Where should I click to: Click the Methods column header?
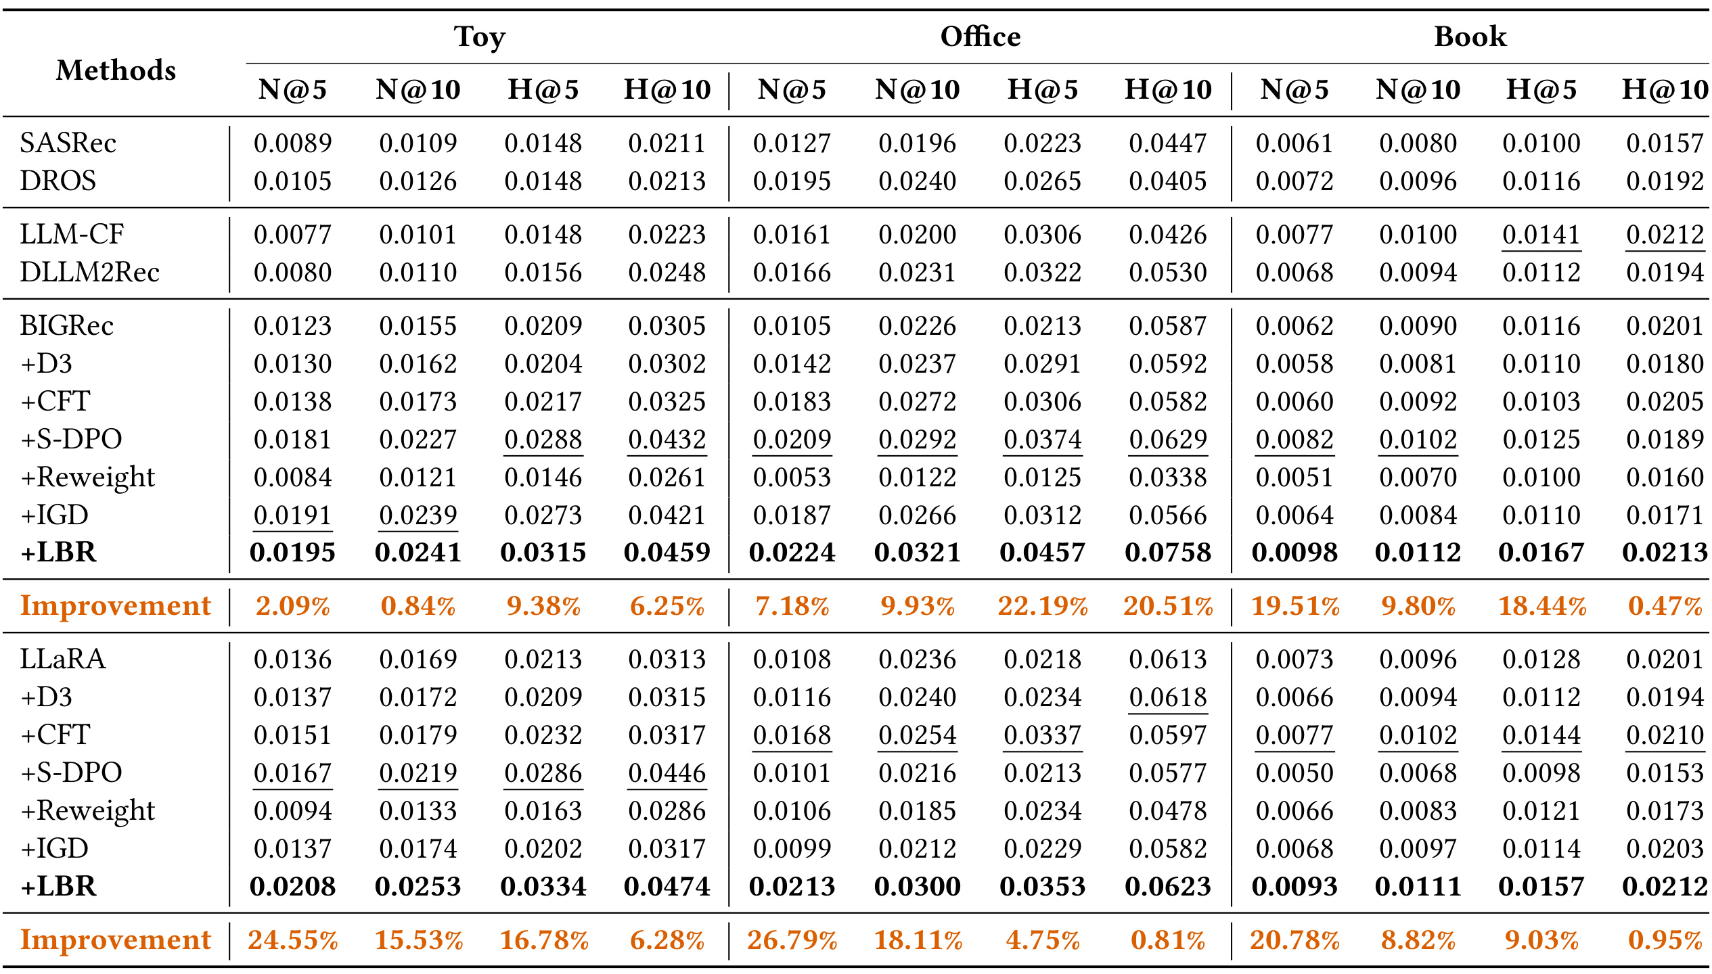pyautogui.click(x=116, y=70)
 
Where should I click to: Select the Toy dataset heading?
pyautogui.click(x=480, y=37)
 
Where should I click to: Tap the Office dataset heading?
pyautogui.click(x=981, y=37)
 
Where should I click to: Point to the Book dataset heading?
pyautogui.click(x=1470, y=37)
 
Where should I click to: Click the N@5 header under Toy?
pyautogui.click(x=292, y=89)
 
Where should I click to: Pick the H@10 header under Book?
pyautogui.click(x=1665, y=89)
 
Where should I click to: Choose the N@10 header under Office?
pyautogui.click(x=918, y=89)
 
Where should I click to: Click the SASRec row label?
pyautogui.click(x=68, y=143)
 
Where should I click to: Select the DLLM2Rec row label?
pyautogui.click(x=89, y=273)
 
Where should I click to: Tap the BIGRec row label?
pyautogui.click(x=66, y=326)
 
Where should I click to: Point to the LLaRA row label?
pyautogui.click(x=62, y=659)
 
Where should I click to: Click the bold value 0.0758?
pyautogui.click(x=1168, y=553)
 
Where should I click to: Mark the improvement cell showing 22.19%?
pyautogui.click(x=1043, y=606)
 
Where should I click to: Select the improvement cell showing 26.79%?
pyautogui.click(x=792, y=940)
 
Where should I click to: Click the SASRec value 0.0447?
pyautogui.click(x=1168, y=143)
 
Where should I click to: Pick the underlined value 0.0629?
pyautogui.click(x=1168, y=440)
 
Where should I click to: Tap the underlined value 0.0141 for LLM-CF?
pyautogui.click(x=1541, y=235)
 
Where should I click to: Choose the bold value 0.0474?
pyautogui.click(x=667, y=887)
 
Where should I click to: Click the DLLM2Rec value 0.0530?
pyautogui.click(x=1168, y=273)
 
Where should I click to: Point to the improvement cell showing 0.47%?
pyautogui.click(x=1665, y=606)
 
